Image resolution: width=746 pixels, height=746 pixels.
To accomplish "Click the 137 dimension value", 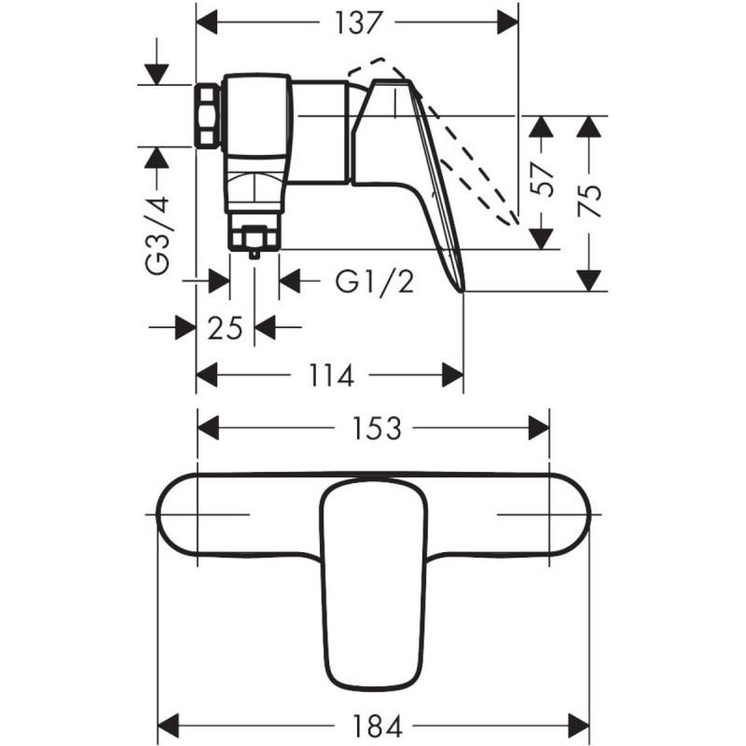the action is point(358,22).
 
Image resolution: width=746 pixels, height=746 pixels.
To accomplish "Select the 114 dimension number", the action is point(331,376).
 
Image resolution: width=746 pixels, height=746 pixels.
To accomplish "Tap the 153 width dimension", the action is point(377,428).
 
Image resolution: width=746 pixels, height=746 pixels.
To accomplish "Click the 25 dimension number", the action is point(225,328).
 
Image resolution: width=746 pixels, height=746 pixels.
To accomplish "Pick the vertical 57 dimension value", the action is point(543,180).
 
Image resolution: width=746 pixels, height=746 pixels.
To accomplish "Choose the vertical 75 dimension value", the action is point(589,200).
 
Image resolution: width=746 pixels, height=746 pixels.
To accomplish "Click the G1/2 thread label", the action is point(375,282).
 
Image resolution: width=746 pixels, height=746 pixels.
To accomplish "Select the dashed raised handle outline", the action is point(433,141).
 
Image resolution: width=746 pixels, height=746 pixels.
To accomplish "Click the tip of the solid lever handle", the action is point(462,290).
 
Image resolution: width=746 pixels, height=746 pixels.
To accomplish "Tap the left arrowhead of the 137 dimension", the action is point(207,22).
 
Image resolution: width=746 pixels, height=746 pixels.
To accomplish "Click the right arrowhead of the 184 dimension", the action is point(578,727).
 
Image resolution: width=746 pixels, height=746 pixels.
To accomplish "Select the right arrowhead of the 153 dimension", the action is point(539,428).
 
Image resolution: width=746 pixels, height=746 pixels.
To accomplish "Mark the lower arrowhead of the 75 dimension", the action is point(589,281).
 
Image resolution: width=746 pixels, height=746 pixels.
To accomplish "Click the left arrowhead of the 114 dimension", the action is point(207,376).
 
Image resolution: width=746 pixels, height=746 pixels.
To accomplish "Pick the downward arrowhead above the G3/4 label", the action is point(158,74).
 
